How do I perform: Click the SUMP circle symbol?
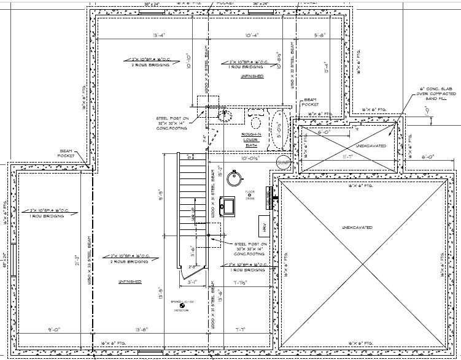point(283,161)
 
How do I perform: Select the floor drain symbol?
point(250,195)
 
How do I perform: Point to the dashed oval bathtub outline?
point(279,130)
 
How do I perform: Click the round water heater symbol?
point(234,178)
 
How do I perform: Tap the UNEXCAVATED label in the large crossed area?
point(357,228)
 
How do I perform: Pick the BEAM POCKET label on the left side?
point(66,153)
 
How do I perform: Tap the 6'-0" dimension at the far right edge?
point(428,157)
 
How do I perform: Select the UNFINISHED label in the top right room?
point(253,76)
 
